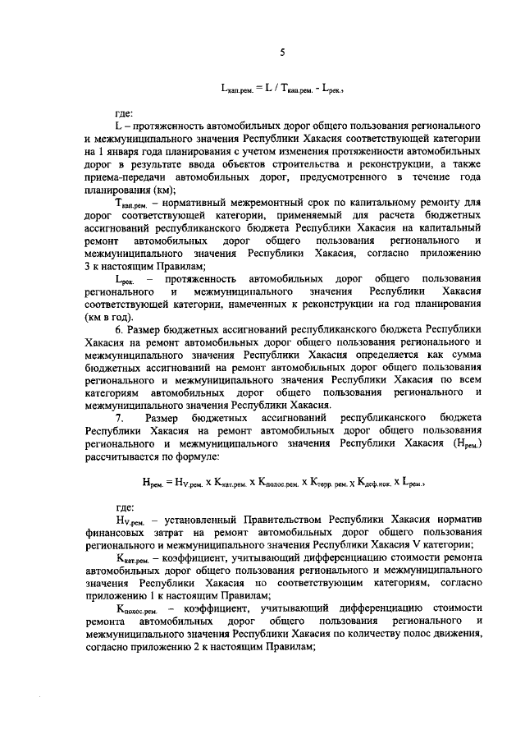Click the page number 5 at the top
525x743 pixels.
tap(281, 53)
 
